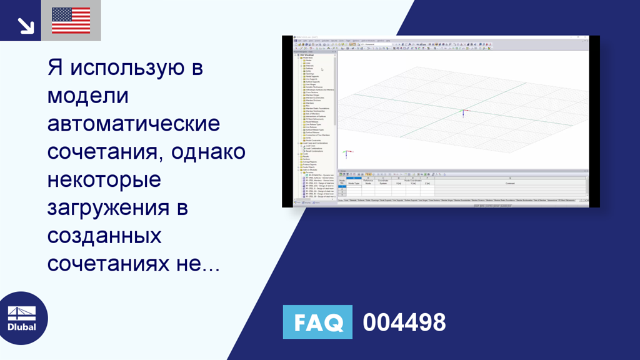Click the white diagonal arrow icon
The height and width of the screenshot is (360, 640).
pos(25,25)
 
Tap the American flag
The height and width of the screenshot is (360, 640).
pos(71,21)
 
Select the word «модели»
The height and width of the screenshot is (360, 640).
pos(87,96)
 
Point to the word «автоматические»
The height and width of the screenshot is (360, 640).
pos(134,124)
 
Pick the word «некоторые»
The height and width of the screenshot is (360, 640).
pos(104,180)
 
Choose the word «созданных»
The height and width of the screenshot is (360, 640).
pos(104,237)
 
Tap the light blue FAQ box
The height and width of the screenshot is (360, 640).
pos(317,322)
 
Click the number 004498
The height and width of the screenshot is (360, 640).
pos(404,322)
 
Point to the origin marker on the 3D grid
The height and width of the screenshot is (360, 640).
pos(462,113)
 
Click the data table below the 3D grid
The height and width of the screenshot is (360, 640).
pos(462,185)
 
